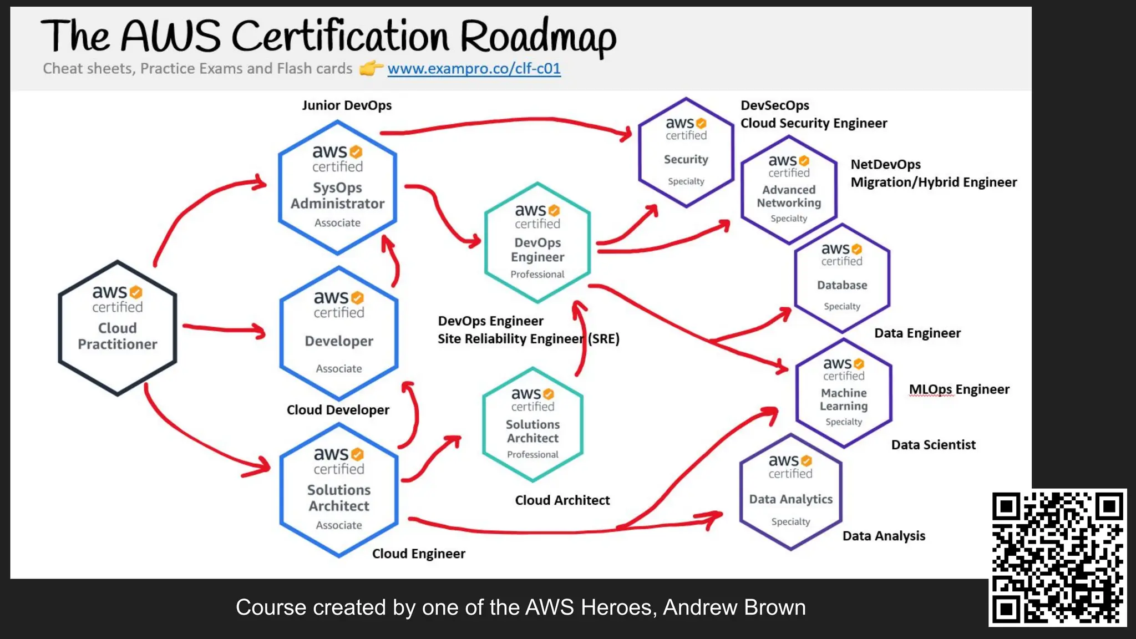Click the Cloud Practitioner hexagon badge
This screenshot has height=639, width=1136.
pos(117,328)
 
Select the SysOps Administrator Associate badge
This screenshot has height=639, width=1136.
pos(337,187)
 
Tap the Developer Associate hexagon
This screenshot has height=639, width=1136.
pos(339,333)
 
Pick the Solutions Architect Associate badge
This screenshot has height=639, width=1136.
pos(339,490)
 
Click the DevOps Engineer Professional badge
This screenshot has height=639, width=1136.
pos(537,243)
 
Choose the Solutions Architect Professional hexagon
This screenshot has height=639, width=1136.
pos(532,425)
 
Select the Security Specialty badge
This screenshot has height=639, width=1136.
pos(686,153)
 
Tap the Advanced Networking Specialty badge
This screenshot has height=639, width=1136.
pos(789,190)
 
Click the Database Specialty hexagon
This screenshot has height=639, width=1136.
pos(842,278)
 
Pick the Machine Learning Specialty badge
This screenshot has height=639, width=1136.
pos(844,393)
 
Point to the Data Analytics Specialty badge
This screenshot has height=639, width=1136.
pos(790,493)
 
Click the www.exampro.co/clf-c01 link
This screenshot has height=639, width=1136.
pos(474,68)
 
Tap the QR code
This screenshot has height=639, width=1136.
pos(1058,557)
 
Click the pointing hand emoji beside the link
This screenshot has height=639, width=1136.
pos(371,68)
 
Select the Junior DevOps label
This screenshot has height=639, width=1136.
pos(347,105)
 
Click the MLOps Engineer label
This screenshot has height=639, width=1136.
pos(959,389)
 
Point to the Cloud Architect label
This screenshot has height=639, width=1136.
pos(562,500)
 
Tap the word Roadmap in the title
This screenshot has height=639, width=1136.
pos(537,37)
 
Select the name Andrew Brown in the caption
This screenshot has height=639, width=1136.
pos(734,607)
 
